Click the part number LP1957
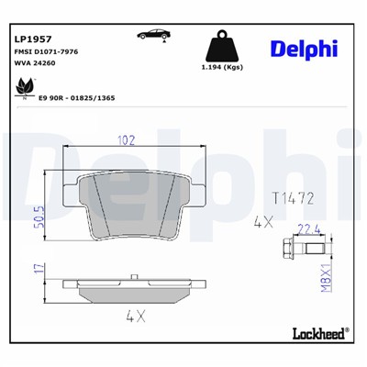(32, 39)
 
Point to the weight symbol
(220, 47)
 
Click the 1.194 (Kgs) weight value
(220, 67)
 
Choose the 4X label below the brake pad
(136, 317)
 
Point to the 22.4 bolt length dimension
(309, 231)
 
